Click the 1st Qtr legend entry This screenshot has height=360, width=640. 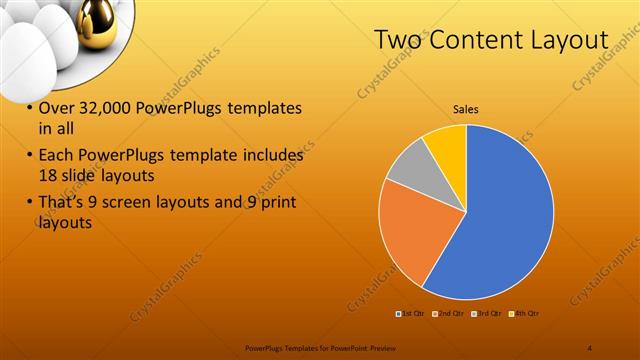pos(411,314)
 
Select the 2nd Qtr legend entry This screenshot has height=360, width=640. pos(449,314)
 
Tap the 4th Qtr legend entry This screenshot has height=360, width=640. pos(525,314)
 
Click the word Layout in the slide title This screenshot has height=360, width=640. pos(571,39)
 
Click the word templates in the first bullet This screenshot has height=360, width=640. pos(263,108)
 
